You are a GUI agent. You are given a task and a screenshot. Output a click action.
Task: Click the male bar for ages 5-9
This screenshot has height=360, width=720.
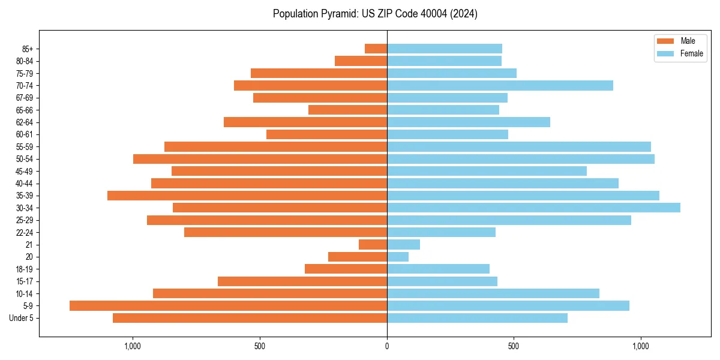[228, 306]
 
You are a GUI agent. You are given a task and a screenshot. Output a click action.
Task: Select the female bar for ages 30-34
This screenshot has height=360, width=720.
[533, 208]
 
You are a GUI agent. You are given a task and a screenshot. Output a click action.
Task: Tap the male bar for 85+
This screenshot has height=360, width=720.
[376, 49]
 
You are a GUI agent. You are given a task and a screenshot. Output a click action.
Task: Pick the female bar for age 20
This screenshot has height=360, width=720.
[398, 257]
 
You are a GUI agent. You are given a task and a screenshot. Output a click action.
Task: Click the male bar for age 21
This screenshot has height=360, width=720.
[373, 245]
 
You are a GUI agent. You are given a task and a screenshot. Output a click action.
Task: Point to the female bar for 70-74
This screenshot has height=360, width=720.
[500, 85]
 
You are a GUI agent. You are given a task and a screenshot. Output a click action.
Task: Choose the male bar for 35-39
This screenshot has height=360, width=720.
[247, 196]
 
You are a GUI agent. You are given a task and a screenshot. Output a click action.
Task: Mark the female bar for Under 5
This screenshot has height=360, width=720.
[477, 318]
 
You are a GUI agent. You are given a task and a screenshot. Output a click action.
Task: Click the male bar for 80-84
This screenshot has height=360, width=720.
[361, 61]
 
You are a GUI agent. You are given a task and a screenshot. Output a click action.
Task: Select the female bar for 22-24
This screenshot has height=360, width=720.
[441, 232]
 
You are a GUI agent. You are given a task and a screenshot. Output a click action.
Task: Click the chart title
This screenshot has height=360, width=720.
[375, 14]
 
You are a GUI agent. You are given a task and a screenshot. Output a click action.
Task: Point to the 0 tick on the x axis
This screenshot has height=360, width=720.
[387, 346]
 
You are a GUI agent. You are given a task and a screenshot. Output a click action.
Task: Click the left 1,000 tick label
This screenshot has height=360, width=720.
[133, 346]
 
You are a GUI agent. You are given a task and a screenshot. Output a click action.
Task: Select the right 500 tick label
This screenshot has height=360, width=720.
[514, 346]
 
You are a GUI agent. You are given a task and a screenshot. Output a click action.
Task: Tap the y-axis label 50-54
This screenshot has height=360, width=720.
[25, 159]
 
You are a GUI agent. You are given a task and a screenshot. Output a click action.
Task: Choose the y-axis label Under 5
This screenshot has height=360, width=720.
[22, 318]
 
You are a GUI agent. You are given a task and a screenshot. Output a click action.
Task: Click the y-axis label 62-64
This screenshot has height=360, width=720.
[25, 122]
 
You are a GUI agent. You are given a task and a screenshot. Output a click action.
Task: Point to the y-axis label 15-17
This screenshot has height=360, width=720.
[25, 281]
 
